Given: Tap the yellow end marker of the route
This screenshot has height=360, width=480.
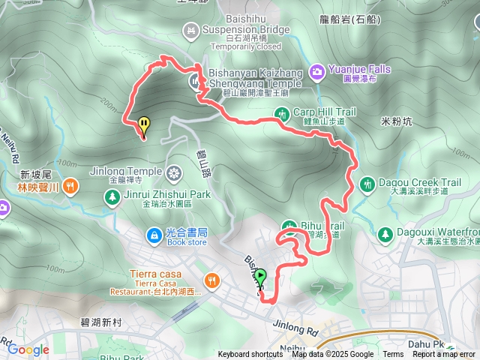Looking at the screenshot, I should point(144,125).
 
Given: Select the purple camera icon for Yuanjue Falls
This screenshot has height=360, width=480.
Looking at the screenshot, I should point(317,70).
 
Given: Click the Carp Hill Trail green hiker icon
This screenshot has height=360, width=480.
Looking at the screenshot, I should point(282,114).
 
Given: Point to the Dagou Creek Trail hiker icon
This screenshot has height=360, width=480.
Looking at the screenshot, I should point(367,183).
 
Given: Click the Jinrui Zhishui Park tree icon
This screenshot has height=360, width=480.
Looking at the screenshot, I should point(112,196).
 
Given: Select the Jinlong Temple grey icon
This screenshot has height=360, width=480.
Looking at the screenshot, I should point(174,172).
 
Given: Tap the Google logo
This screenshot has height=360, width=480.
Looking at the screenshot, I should point(28,349).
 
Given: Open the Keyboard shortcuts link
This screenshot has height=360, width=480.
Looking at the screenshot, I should point(250,355).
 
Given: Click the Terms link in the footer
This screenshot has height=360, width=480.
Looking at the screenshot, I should point(393,355).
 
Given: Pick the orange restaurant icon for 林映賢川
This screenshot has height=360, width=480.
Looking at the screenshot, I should point(70,184).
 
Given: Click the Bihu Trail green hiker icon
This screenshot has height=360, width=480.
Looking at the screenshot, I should point(290,226).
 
